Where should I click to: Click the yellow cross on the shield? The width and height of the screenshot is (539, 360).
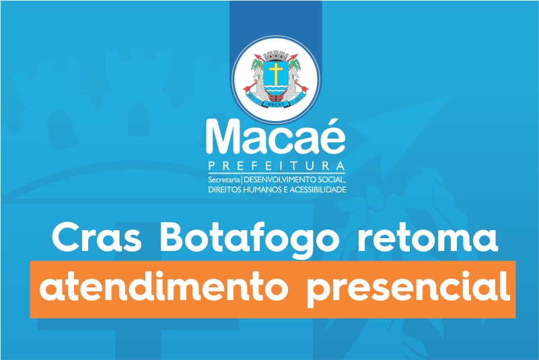tap(276, 72)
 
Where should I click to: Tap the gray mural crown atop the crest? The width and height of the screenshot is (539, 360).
tap(276, 55)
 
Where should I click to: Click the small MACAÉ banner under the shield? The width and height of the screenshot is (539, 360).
tap(276, 104)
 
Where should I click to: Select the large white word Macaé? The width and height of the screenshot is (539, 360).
tap(276, 137)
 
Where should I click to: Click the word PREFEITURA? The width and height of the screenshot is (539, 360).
tap(277, 166)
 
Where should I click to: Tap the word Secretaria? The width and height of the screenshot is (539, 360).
tap(224, 180)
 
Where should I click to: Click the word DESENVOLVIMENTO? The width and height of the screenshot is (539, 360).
tap(283, 180)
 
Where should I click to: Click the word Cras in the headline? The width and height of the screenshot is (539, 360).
tap(97, 238)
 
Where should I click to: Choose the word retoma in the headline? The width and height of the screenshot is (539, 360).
tap(428, 239)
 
